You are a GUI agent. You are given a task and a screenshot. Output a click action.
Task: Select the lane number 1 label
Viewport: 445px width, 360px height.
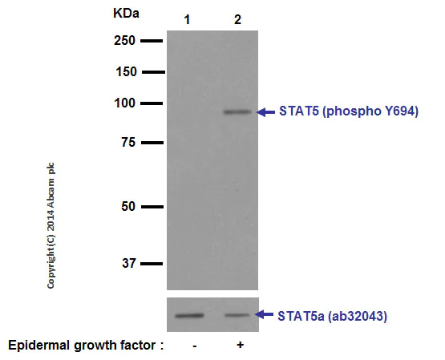(188, 19)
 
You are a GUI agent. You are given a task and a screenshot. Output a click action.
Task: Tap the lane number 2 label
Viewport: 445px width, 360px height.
(237, 19)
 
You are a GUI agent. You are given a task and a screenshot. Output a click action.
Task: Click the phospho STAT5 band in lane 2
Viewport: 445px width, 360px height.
(237, 111)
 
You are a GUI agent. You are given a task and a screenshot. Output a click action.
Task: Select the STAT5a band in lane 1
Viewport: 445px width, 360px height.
(191, 315)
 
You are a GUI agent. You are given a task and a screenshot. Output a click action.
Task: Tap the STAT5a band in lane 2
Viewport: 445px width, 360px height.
(238, 315)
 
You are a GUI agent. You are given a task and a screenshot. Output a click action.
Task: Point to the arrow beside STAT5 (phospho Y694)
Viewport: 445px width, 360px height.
(265, 111)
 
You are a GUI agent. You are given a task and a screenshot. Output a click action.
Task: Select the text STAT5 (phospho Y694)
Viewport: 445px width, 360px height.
(348, 111)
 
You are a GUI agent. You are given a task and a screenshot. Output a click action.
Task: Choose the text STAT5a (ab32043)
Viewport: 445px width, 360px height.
(333, 316)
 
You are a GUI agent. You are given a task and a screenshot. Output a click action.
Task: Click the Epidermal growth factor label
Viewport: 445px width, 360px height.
(86, 346)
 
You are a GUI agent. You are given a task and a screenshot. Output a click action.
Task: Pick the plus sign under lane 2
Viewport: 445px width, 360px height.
(240, 346)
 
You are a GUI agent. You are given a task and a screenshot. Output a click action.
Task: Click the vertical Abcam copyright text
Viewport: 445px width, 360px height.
(52, 225)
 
